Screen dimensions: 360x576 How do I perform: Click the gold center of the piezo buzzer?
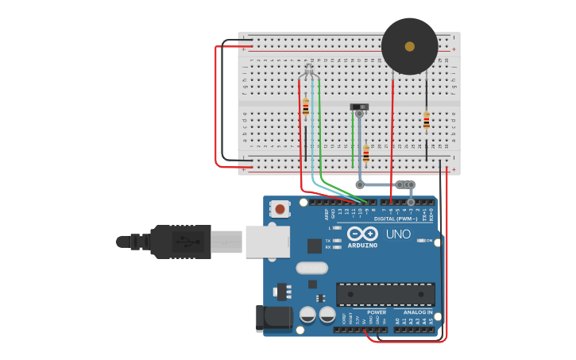(409, 46)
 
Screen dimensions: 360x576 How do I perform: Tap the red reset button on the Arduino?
(280, 209)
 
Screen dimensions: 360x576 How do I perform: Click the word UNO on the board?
(398, 234)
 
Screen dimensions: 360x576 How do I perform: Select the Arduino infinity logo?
(362, 234)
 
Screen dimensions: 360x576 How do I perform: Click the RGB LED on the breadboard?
(308, 72)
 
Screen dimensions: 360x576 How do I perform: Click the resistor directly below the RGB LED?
(305, 107)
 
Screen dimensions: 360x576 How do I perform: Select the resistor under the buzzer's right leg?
(427, 121)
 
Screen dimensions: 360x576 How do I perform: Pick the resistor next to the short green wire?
(365, 153)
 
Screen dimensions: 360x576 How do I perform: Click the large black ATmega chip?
(385, 294)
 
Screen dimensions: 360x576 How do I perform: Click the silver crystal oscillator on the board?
(311, 268)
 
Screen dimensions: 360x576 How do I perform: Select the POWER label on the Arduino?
(377, 312)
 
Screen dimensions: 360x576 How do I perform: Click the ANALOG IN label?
(418, 312)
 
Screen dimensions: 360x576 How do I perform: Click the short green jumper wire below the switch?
(353, 139)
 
